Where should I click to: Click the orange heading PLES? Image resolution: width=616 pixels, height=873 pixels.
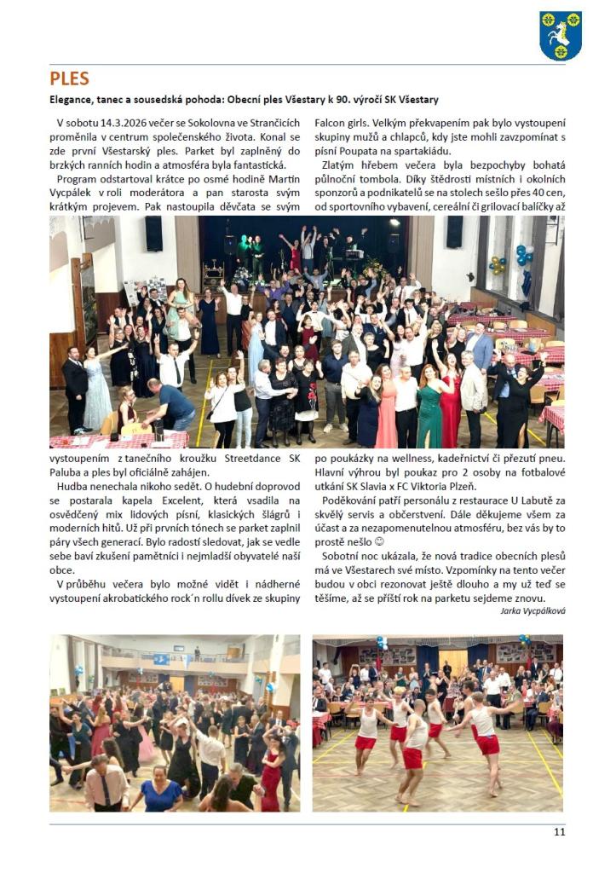[x=69, y=79]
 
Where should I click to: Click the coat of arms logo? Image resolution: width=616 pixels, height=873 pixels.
[x=560, y=35]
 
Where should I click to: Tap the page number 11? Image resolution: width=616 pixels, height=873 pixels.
[x=559, y=832]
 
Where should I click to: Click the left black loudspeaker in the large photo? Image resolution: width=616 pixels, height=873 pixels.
[x=153, y=233]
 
